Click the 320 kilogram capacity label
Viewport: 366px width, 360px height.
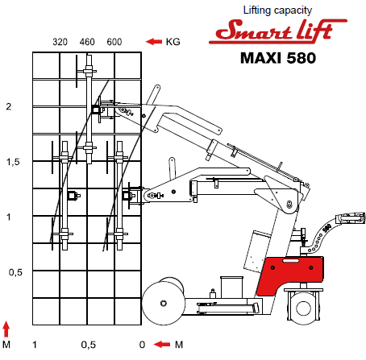[60, 42]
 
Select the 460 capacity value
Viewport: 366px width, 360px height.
[87, 42]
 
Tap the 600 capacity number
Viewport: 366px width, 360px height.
[114, 42]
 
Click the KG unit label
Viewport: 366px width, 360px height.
[173, 42]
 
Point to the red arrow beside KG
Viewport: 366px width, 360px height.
[154, 42]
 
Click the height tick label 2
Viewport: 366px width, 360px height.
[9, 106]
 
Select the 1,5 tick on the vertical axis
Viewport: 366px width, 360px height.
[13, 162]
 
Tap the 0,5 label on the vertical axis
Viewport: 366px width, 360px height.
[15, 272]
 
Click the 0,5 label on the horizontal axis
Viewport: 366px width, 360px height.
[89, 345]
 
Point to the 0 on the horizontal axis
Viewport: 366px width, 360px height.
[142, 345]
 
